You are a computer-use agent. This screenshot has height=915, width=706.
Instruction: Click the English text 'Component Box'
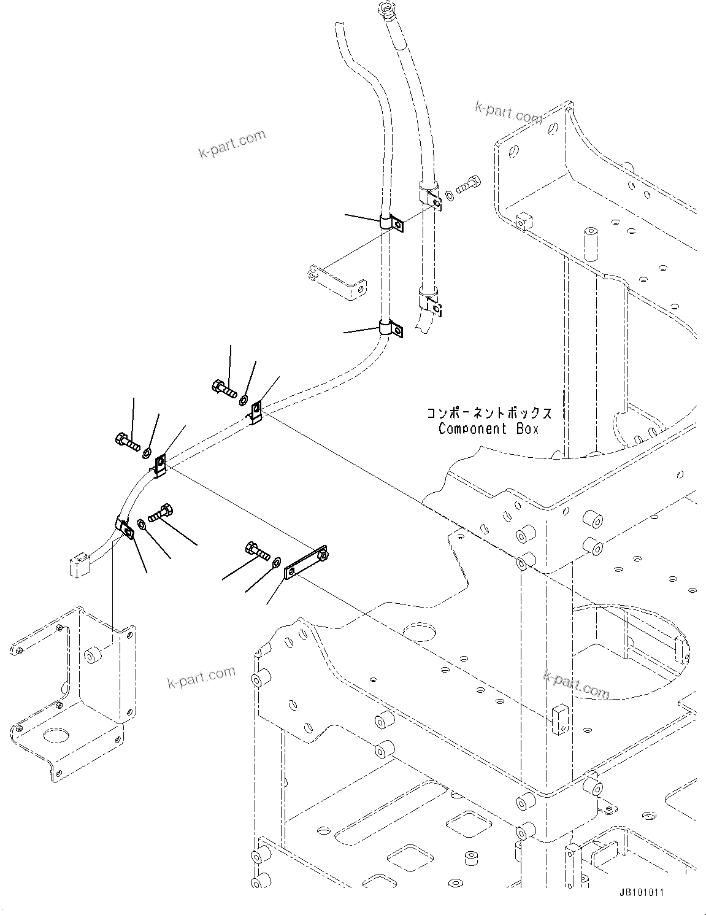(x=488, y=429)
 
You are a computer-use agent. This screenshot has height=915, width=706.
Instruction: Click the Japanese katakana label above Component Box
(x=488, y=413)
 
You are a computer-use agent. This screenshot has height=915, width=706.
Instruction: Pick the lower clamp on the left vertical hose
(x=389, y=328)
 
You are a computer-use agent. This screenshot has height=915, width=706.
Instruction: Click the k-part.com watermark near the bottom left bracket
(x=201, y=677)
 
